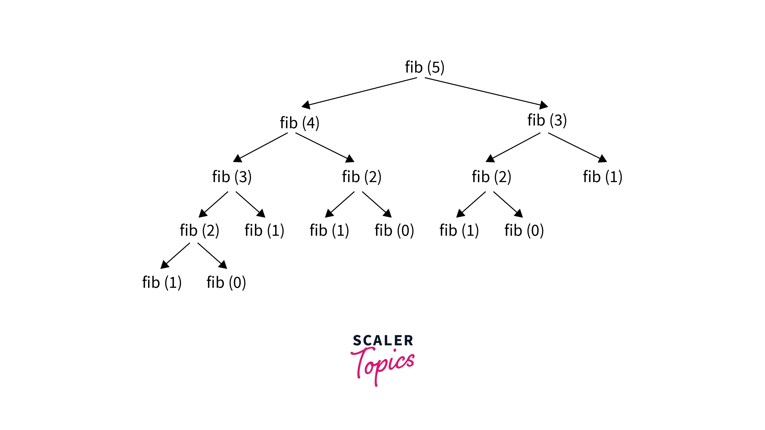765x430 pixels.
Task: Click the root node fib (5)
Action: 425,67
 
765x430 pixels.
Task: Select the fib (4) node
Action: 299,123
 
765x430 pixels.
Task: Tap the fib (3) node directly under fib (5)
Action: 547,120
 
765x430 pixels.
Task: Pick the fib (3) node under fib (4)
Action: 232,177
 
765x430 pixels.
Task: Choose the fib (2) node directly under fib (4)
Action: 361,177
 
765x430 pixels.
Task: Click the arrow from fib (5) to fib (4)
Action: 359,91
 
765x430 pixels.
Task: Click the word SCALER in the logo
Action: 383,341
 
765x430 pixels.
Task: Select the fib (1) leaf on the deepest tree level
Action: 162,283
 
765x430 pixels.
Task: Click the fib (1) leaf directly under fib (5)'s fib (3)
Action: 603,177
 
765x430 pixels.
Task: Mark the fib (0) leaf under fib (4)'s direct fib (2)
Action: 394,231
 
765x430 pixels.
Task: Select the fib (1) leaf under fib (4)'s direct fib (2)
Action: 329,231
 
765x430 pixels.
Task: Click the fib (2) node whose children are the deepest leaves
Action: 199,231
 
